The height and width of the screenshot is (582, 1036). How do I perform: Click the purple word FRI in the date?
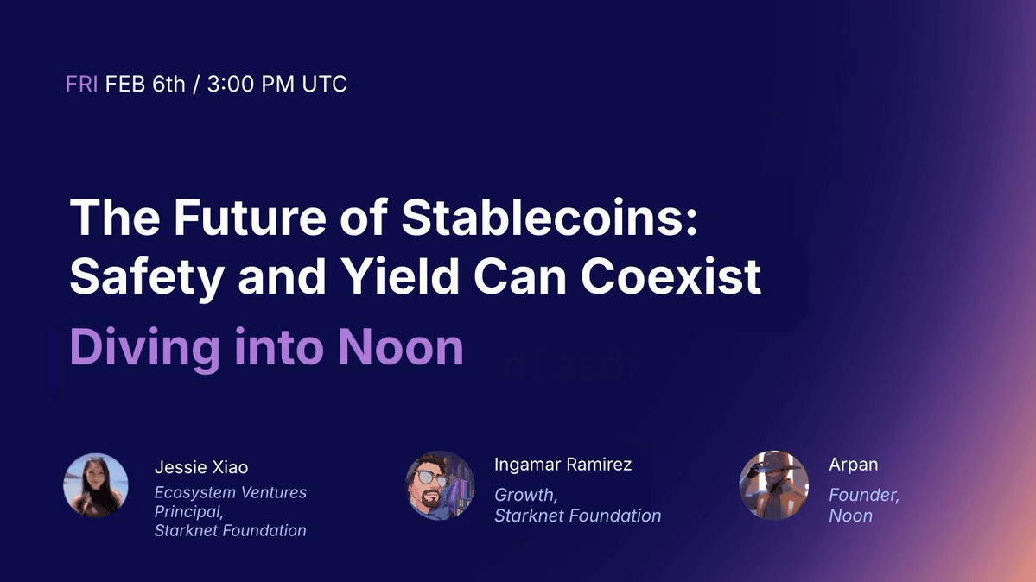(x=81, y=84)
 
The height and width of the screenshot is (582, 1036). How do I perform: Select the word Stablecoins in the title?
(x=549, y=217)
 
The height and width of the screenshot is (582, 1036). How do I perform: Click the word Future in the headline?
(x=250, y=217)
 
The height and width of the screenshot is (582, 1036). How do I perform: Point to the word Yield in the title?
(x=400, y=275)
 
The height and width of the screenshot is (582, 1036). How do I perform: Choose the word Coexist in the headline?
(x=671, y=275)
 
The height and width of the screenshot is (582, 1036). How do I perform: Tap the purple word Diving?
(x=144, y=348)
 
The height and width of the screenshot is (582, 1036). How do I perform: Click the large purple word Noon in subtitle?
(x=400, y=347)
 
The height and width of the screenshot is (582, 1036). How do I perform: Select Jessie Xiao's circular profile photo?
(x=96, y=485)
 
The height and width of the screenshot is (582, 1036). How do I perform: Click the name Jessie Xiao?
(x=200, y=467)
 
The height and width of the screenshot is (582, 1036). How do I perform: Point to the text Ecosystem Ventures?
(x=230, y=492)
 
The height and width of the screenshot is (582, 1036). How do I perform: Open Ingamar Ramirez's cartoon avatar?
(x=440, y=485)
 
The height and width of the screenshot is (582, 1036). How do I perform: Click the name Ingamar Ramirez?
(x=562, y=465)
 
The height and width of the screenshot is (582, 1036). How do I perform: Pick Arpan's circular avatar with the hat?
(x=773, y=485)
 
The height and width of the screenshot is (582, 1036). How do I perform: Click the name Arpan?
(x=854, y=465)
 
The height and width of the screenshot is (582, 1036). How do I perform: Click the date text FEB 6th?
(x=145, y=84)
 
